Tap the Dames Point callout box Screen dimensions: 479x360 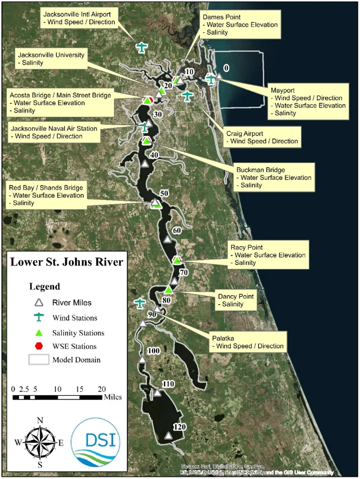(240, 25)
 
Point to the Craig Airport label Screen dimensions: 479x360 (261, 137)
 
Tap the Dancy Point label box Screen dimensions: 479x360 (236, 300)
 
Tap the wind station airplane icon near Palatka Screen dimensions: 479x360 (140, 303)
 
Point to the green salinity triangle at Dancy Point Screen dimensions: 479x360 (168, 290)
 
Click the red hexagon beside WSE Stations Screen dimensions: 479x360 (39, 346)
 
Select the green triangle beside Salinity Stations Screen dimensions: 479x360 (39, 332)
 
